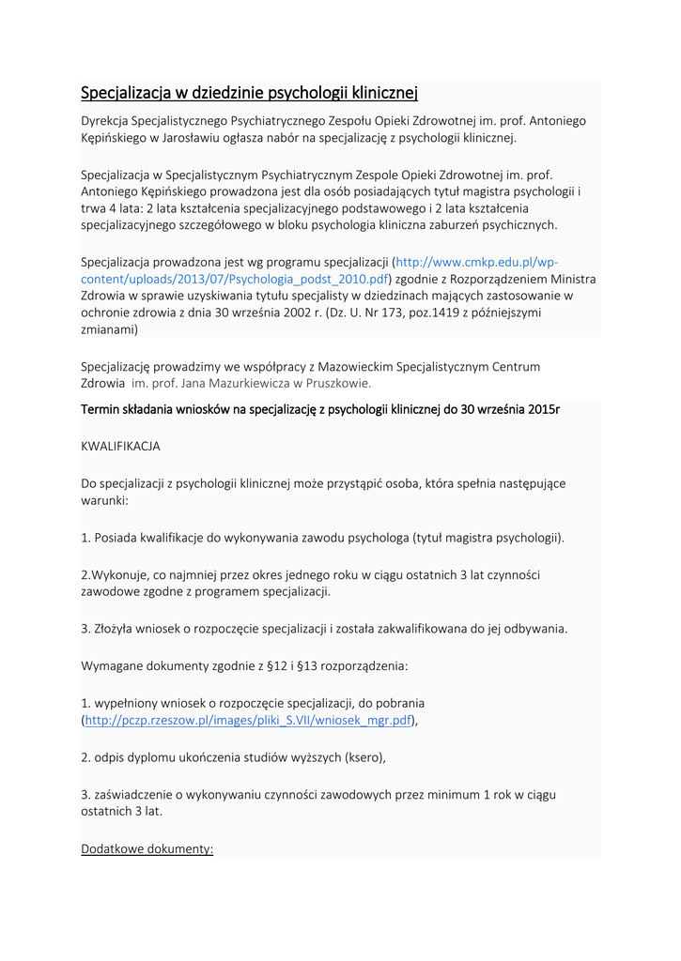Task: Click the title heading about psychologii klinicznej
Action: coord(249,92)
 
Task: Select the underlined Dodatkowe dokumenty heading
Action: coord(147,848)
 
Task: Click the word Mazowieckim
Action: coord(356,366)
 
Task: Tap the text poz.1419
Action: coord(435,312)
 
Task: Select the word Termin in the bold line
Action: coord(102,410)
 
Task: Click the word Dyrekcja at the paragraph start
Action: coord(104,120)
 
